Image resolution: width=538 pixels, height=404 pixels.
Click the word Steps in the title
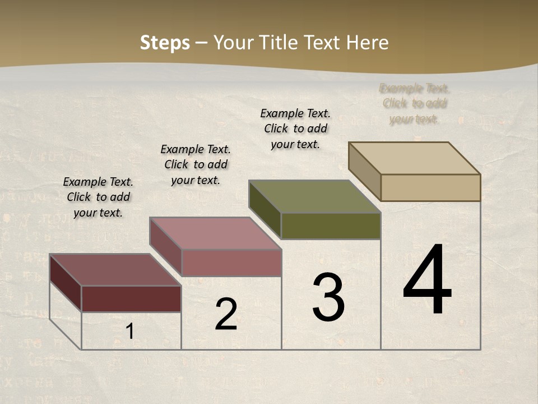click(x=165, y=43)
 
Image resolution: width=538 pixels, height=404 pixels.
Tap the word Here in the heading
click(x=367, y=43)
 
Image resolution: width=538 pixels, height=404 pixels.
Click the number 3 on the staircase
click(x=328, y=297)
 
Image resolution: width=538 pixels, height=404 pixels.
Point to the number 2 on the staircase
click(x=226, y=314)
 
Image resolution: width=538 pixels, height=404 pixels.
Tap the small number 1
click(x=129, y=332)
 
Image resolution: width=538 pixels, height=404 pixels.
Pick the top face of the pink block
click(x=215, y=233)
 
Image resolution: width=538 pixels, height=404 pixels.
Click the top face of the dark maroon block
click(x=115, y=270)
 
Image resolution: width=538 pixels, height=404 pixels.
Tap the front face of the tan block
click(x=430, y=187)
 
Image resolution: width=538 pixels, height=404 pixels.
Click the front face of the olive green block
click(x=331, y=226)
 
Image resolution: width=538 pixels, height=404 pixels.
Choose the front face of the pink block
click(x=231, y=263)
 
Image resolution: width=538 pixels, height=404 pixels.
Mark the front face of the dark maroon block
click(x=131, y=299)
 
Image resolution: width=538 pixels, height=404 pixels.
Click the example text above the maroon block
click(x=98, y=197)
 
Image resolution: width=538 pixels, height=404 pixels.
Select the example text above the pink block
click(x=196, y=164)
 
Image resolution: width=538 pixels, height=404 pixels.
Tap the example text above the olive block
click(x=295, y=128)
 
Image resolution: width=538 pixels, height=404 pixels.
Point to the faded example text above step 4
click(x=414, y=103)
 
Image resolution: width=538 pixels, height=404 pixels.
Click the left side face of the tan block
click(x=364, y=171)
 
